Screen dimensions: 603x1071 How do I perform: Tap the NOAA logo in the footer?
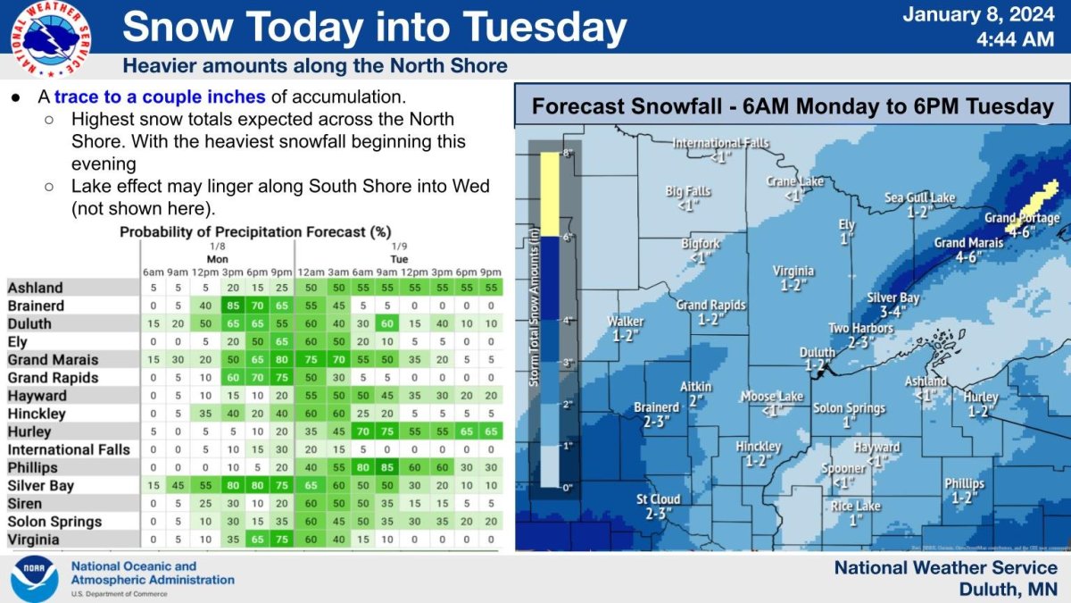click(35, 579)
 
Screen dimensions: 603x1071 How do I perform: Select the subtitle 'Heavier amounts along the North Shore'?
click(314, 66)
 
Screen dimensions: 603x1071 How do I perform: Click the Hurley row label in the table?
click(30, 431)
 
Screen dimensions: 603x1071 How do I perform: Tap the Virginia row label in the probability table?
click(35, 540)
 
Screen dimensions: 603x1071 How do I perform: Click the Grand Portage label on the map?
click(1021, 218)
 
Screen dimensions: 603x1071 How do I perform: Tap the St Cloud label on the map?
click(659, 499)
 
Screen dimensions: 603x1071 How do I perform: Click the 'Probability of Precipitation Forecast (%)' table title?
click(255, 231)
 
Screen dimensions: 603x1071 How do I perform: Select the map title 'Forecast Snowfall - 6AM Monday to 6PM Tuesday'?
click(793, 106)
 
